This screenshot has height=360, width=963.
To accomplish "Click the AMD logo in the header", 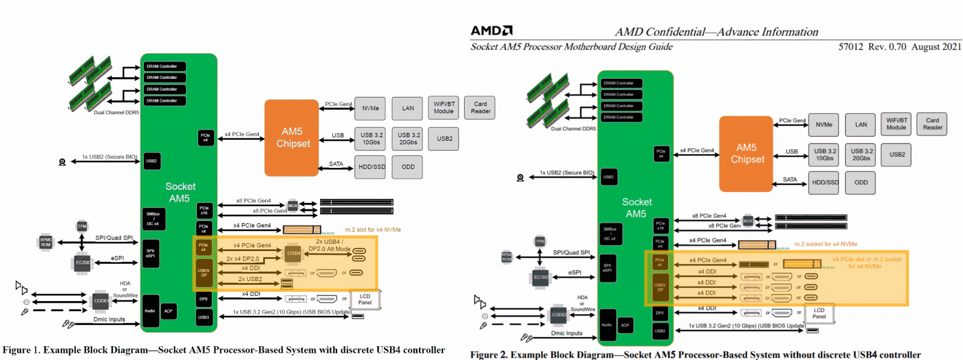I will click(x=491, y=31).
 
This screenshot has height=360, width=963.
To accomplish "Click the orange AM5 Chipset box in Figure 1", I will click(x=292, y=138).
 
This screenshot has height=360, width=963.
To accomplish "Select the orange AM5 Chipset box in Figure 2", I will click(x=746, y=154).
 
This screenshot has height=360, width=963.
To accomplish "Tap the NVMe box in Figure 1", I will click(x=370, y=108).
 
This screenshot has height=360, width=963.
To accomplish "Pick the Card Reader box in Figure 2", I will click(x=932, y=124).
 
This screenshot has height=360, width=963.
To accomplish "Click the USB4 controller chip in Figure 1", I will click(x=293, y=253).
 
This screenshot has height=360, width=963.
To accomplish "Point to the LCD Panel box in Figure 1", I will click(x=365, y=299).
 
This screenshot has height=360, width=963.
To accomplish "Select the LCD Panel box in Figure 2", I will click(x=819, y=313).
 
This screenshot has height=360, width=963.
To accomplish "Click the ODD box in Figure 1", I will click(x=408, y=167).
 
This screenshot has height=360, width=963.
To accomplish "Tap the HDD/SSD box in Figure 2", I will click(x=825, y=182).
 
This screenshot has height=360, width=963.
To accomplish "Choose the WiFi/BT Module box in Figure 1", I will click(x=444, y=108).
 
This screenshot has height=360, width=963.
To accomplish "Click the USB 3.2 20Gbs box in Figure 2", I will click(x=861, y=155).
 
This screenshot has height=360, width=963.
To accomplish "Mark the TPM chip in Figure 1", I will click(x=82, y=226).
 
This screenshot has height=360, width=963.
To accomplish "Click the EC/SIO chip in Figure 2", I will click(x=540, y=278).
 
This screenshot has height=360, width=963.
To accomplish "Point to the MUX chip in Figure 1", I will click(x=293, y=206).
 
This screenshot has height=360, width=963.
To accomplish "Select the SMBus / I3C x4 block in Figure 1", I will click(x=153, y=219).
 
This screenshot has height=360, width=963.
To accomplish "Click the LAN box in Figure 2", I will click(x=861, y=125).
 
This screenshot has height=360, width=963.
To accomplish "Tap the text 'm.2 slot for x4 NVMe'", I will click(x=373, y=230).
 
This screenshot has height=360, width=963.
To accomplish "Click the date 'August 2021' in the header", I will click(x=936, y=47).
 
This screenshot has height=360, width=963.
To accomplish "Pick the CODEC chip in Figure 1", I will click(x=100, y=301).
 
